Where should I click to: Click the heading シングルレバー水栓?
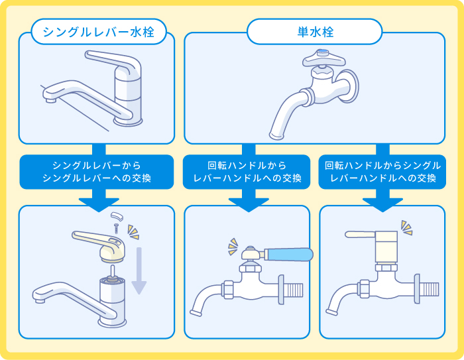97,32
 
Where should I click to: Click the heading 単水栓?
314,31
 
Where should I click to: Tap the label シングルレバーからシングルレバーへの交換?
97,171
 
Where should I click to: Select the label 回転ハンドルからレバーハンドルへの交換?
247,171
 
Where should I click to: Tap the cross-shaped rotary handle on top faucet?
324,61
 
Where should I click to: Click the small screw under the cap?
117,227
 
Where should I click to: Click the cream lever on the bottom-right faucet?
361,234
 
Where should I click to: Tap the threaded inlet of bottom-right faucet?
429,289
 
